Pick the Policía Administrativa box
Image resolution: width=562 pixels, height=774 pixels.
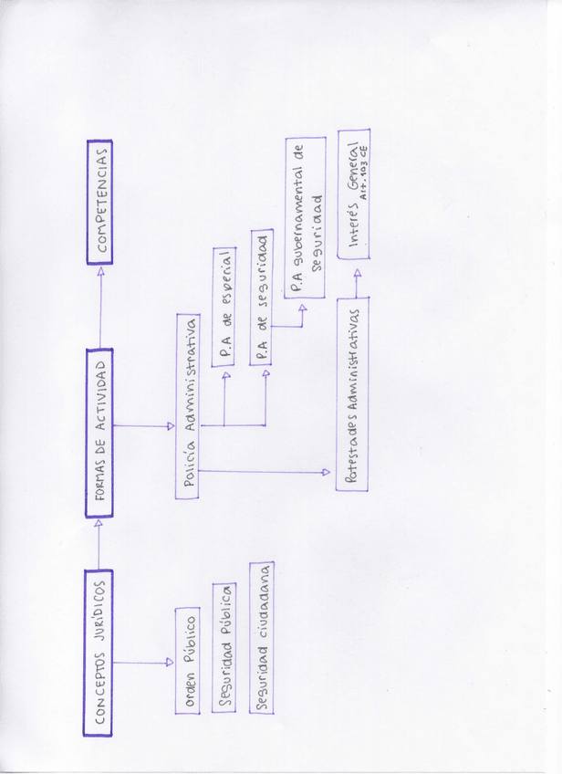pyautogui.click(x=190, y=405)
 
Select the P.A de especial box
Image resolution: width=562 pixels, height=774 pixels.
pyautogui.click(x=225, y=305)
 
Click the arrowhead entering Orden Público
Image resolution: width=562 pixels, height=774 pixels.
pyautogui.click(x=170, y=663)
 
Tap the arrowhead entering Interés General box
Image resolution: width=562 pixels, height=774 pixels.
pyautogui.click(x=357, y=271)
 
